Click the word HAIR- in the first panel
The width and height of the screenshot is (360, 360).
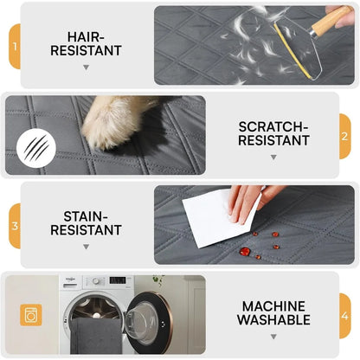tap(85, 37)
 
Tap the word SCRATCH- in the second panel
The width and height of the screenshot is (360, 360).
tap(273, 126)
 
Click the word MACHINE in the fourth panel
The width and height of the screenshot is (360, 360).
tap(273, 305)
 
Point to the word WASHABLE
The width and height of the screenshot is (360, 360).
tap(273, 320)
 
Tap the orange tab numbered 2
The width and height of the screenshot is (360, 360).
tap(344, 136)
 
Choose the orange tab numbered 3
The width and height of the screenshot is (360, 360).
tap(14, 226)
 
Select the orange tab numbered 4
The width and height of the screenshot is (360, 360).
tap(344, 316)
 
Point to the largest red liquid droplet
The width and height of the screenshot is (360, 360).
tap(245, 251)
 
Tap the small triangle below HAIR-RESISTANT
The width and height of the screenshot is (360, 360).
tap(85, 67)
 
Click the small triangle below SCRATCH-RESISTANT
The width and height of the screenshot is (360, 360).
tap(273, 157)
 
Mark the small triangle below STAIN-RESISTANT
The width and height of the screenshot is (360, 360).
tap(85, 247)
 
